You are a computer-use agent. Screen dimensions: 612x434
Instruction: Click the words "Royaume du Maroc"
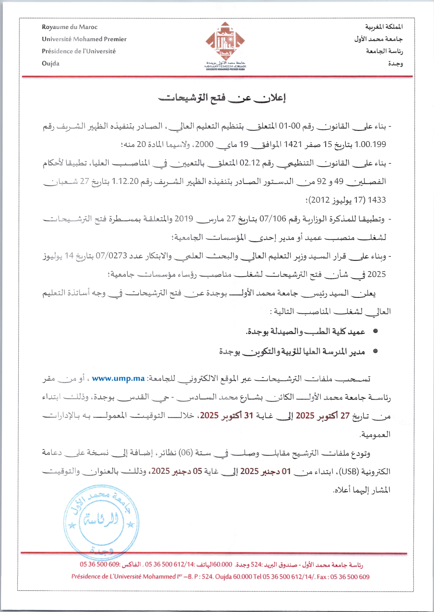point(70,27)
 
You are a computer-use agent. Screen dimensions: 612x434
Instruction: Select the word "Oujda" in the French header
point(51,63)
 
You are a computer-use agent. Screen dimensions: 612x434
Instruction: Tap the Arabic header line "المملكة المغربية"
point(384,27)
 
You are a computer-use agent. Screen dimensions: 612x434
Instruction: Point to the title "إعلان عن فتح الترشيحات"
point(222,98)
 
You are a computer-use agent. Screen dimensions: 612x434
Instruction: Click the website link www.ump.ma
point(118,379)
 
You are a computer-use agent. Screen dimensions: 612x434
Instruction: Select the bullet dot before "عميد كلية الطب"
point(375,331)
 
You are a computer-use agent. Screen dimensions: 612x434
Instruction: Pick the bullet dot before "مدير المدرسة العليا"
point(375,351)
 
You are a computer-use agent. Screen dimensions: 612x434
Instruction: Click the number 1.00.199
point(370,144)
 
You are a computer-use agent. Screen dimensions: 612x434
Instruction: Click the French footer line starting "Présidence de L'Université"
point(220,577)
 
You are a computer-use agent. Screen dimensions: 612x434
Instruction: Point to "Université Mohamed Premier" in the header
point(84,39)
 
